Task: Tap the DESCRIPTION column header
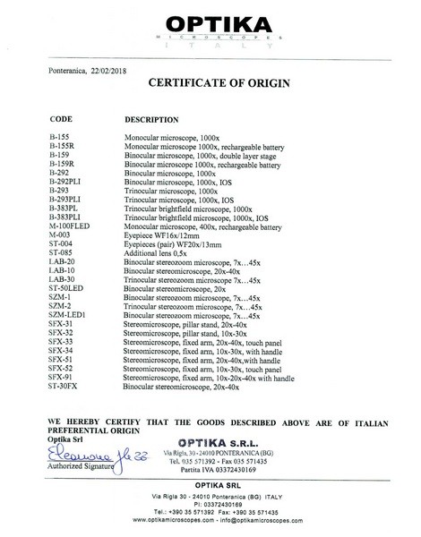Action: pos(150,118)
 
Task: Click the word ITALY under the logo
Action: pos(210,48)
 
